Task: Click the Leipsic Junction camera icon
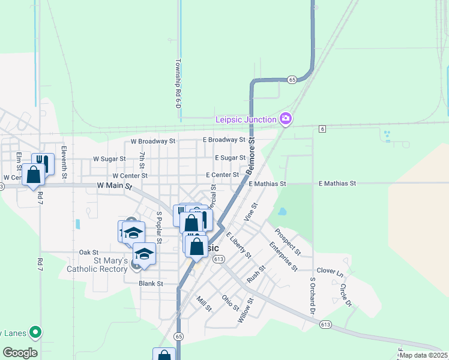(x=286, y=119)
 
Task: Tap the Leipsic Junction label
(x=246, y=120)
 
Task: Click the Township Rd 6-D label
(x=178, y=83)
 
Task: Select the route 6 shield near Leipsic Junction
(x=322, y=129)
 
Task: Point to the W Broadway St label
(x=153, y=142)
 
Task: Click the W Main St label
(x=114, y=186)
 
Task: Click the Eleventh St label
(x=63, y=163)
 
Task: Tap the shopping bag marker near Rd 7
(x=34, y=176)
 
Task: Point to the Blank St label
(x=151, y=283)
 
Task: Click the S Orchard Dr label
(x=312, y=295)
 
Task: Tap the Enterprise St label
(x=283, y=256)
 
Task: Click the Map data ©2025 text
(x=424, y=355)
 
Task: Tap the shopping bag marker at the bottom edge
(x=164, y=355)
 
